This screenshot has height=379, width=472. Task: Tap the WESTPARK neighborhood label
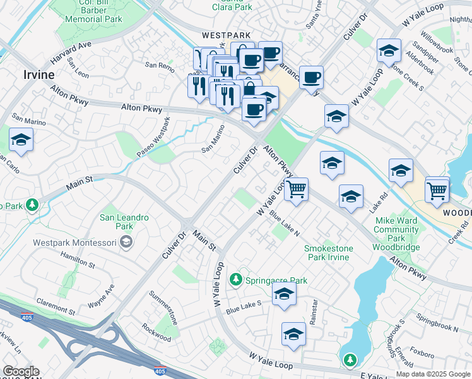tap(226, 36)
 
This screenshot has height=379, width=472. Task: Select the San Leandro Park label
tap(124, 221)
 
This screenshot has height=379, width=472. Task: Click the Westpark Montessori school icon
tap(126, 242)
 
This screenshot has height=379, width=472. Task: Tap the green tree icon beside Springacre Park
tap(236, 279)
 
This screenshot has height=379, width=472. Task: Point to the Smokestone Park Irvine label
tap(329, 253)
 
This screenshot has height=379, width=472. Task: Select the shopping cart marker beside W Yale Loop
tap(296, 189)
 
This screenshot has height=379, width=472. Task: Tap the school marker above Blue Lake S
tap(285, 294)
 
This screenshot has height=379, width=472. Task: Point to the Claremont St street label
tap(56, 308)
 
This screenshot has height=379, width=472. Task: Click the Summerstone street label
tap(163, 308)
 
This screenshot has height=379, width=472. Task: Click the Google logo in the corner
tap(21, 371)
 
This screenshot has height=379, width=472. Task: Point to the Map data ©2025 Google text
tap(433, 374)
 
